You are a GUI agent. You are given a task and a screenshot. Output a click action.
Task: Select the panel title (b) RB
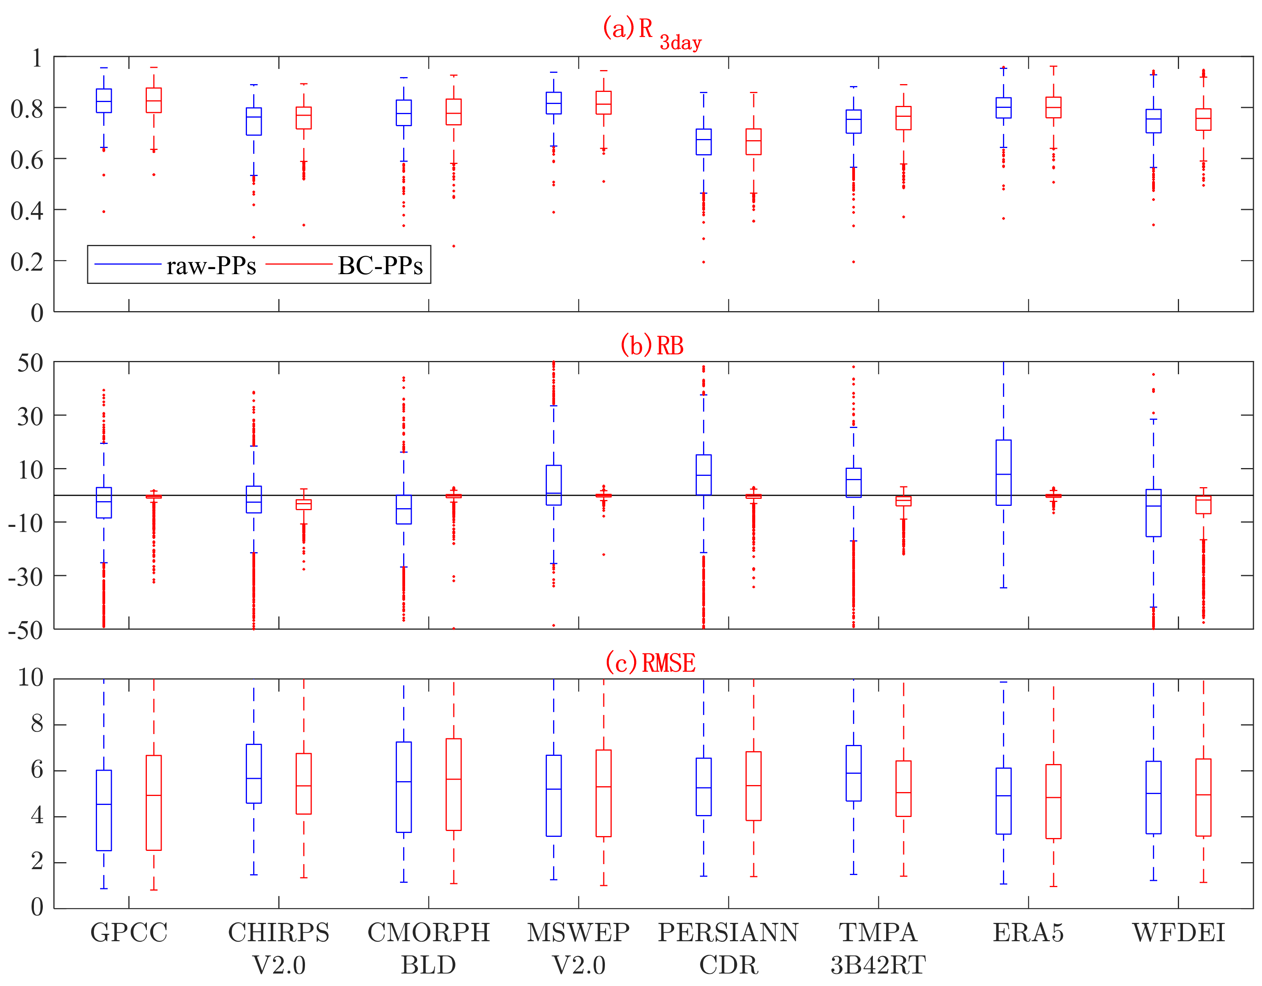pyautogui.click(x=652, y=345)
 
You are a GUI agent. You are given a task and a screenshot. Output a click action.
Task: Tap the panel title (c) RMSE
pyautogui.click(x=650, y=662)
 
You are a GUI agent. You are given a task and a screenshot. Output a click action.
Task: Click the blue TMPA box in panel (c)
pyautogui.click(x=853, y=773)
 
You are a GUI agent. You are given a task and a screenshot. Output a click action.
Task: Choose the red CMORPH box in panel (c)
pyautogui.click(x=454, y=784)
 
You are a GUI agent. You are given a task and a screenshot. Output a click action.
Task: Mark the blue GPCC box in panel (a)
pyautogui.click(x=104, y=100)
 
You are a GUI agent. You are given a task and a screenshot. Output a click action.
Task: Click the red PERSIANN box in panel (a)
pyautogui.click(x=754, y=141)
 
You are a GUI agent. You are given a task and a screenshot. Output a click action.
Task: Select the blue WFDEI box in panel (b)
pyautogui.click(x=1153, y=513)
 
